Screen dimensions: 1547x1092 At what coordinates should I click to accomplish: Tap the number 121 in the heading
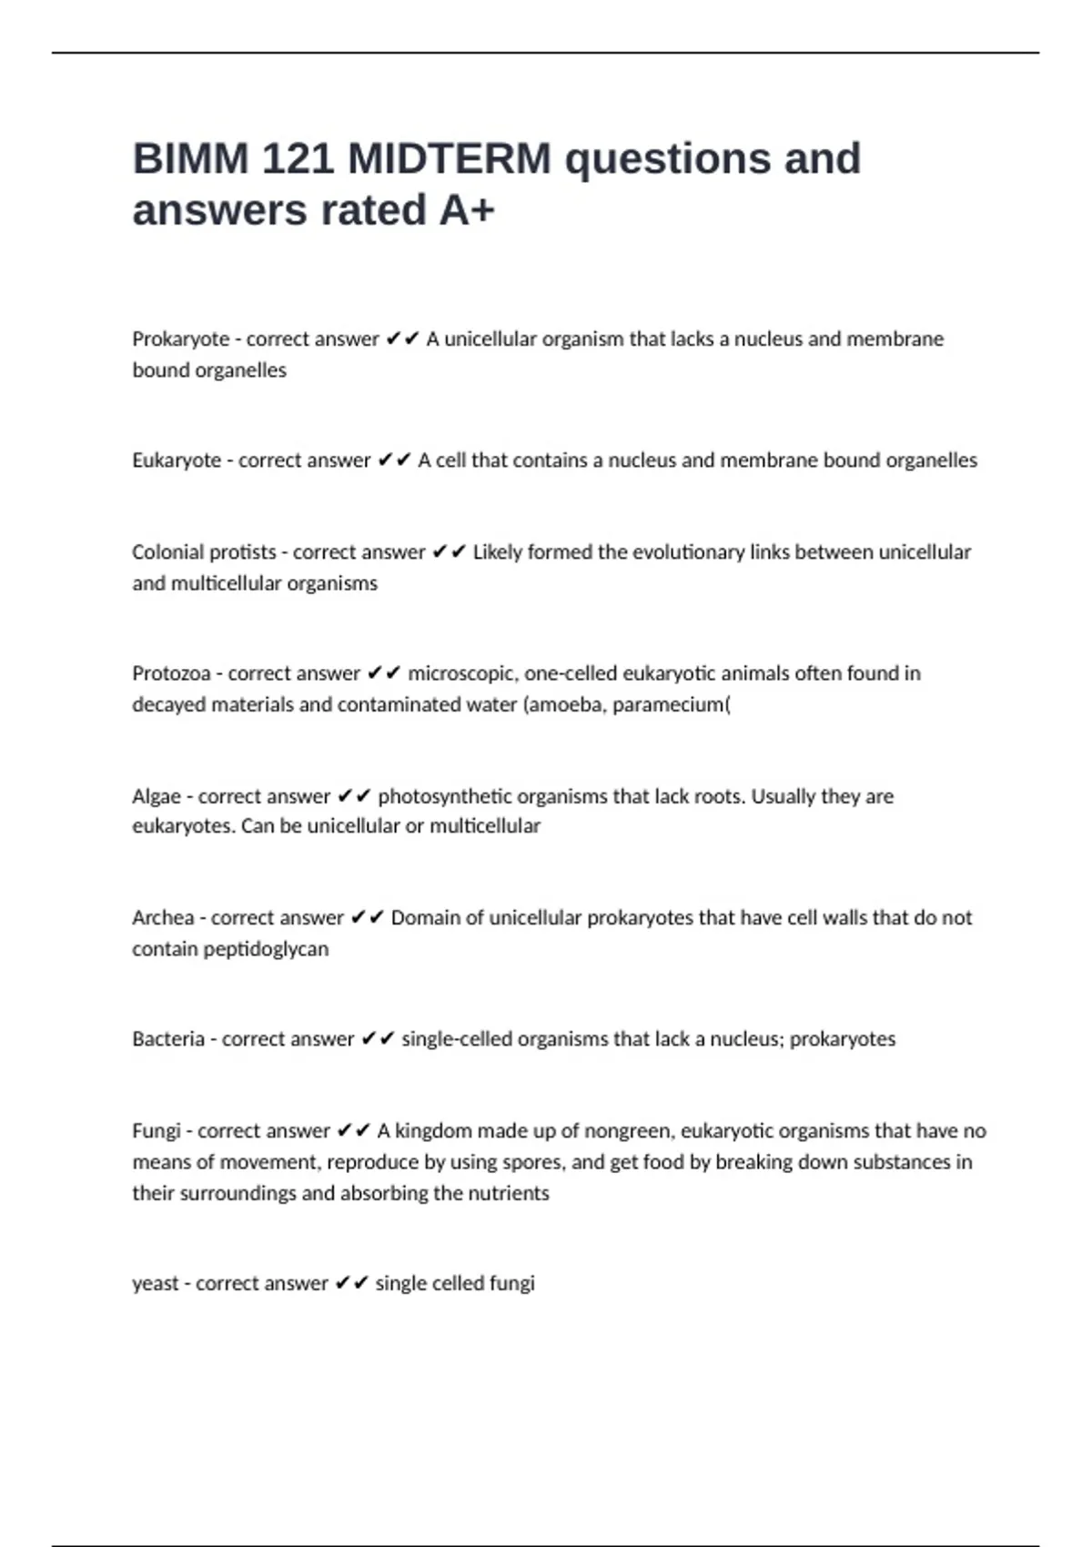pyautogui.click(x=296, y=159)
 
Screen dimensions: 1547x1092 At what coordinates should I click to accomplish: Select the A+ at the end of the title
pyautogui.click(x=467, y=210)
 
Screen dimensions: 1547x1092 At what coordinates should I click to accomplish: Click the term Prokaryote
pyautogui.click(x=180, y=339)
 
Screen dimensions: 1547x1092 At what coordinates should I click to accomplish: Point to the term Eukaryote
pyautogui.click(x=177, y=460)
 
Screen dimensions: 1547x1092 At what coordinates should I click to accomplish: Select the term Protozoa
pyautogui.click(x=171, y=673)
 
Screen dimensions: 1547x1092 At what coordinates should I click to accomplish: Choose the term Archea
pyautogui.click(x=163, y=917)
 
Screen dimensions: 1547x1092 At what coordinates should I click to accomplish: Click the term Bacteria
pyautogui.click(x=168, y=1039)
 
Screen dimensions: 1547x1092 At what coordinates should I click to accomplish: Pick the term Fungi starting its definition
pyautogui.click(x=157, y=1131)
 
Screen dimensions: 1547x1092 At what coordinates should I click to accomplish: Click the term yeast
pyautogui.click(x=156, y=1283)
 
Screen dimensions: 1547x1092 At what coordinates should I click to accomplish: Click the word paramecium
pyautogui.click(x=671, y=704)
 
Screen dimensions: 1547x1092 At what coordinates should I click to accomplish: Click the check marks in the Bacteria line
pyautogui.click(x=378, y=1039)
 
